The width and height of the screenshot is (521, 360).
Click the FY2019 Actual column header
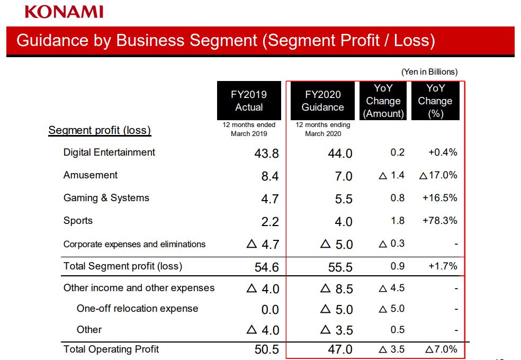click(x=249, y=101)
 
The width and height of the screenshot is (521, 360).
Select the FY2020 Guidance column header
click(x=322, y=101)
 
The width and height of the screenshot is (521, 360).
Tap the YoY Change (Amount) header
click(x=383, y=101)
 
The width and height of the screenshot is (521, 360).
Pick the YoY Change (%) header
click(x=435, y=101)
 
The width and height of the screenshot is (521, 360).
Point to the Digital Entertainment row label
click(x=109, y=152)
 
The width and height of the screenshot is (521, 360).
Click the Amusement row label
click(x=91, y=175)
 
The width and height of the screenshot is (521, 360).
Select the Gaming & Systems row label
click(x=106, y=198)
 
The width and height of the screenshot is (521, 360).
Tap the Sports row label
click(x=78, y=221)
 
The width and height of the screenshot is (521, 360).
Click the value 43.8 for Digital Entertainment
click(x=266, y=154)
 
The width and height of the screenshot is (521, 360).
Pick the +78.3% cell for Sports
click(x=439, y=221)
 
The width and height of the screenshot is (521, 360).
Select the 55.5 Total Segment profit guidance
click(x=340, y=267)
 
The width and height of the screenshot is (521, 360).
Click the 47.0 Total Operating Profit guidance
click(x=340, y=350)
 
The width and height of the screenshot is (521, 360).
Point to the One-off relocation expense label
click(x=137, y=309)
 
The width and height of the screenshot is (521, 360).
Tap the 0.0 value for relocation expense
click(x=270, y=310)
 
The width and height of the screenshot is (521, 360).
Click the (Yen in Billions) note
click(x=429, y=72)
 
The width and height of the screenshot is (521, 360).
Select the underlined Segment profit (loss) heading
click(x=100, y=130)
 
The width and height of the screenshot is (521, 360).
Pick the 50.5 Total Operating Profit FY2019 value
click(x=266, y=350)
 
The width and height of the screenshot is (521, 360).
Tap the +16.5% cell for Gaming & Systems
click(x=439, y=198)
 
